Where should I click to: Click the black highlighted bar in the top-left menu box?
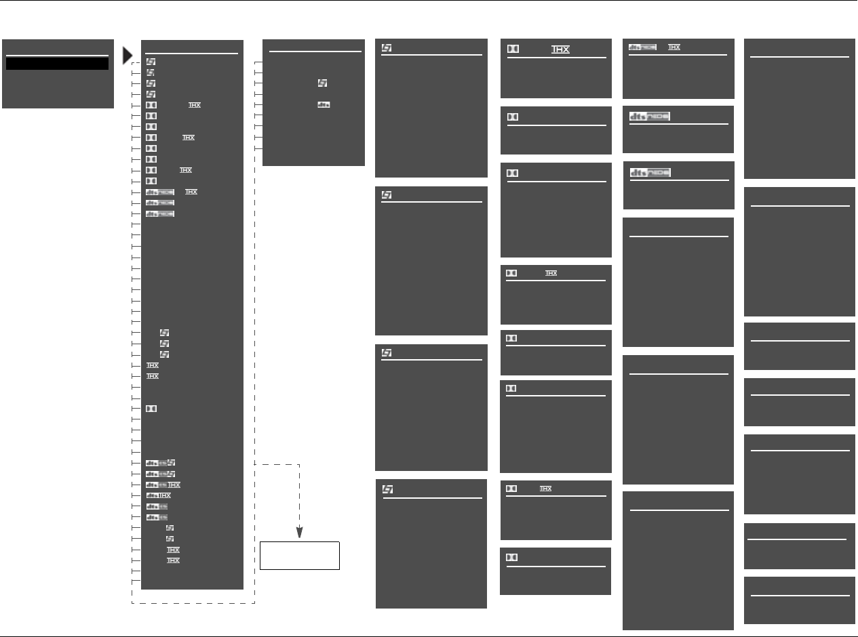click(58, 63)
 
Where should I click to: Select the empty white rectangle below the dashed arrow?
click(300, 555)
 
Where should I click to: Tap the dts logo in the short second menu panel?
click(324, 105)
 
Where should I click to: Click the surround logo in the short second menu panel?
click(322, 83)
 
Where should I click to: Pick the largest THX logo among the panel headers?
click(560, 49)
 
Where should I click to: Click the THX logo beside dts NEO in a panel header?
click(674, 47)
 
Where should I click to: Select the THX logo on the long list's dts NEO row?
click(191, 192)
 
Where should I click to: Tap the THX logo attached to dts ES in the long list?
click(174, 485)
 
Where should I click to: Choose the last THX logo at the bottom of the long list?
click(173, 560)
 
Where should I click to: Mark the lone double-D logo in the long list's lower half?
click(151, 409)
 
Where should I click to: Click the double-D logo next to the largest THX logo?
click(514, 49)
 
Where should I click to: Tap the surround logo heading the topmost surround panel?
click(387, 47)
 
